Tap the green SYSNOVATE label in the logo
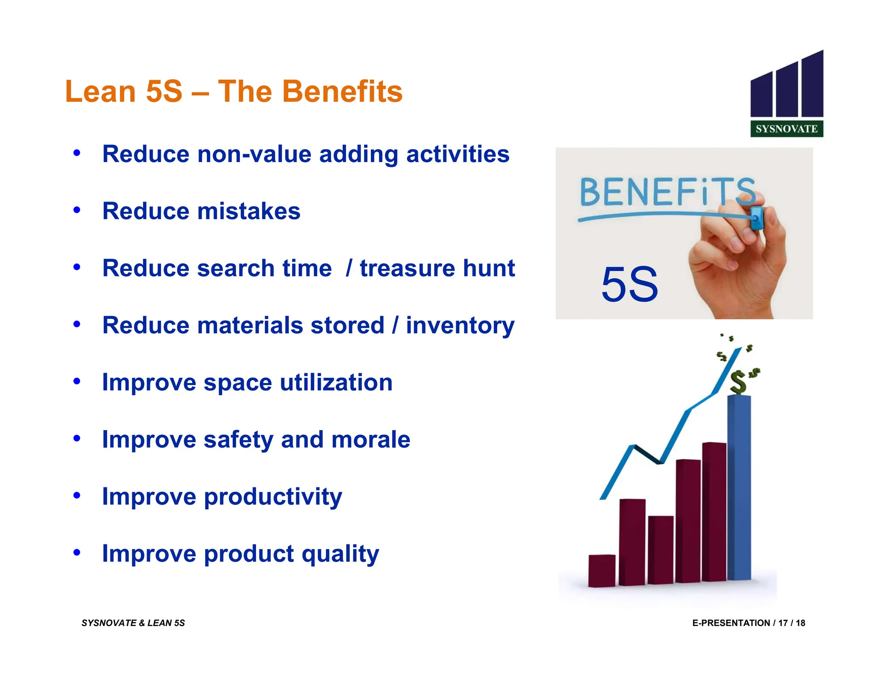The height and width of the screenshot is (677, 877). pyautogui.click(x=786, y=129)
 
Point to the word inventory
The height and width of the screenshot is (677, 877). pyautogui.click(x=460, y=326)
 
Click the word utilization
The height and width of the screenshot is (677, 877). pyautogui.click(x=336, y=382)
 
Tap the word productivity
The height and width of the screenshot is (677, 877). pyautogui.click(x=273, y=497)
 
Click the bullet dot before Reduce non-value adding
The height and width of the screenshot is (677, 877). pyautogui.click(x=77, y=153)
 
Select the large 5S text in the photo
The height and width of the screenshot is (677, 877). pyautogui.click(x=629, y=285)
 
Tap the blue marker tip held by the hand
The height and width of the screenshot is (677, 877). pyautogui.click(x=757, y=217)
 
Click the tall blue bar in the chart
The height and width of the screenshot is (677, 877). pyautogui.click(x=739, y=488)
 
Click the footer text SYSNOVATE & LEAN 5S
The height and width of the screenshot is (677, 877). pyautogui.click(x=133, y=623)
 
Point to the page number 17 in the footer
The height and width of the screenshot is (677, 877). pyautogui.click(x=783, y=623)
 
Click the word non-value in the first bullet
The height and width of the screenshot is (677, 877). pyautogui.click(x=254, y=154)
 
